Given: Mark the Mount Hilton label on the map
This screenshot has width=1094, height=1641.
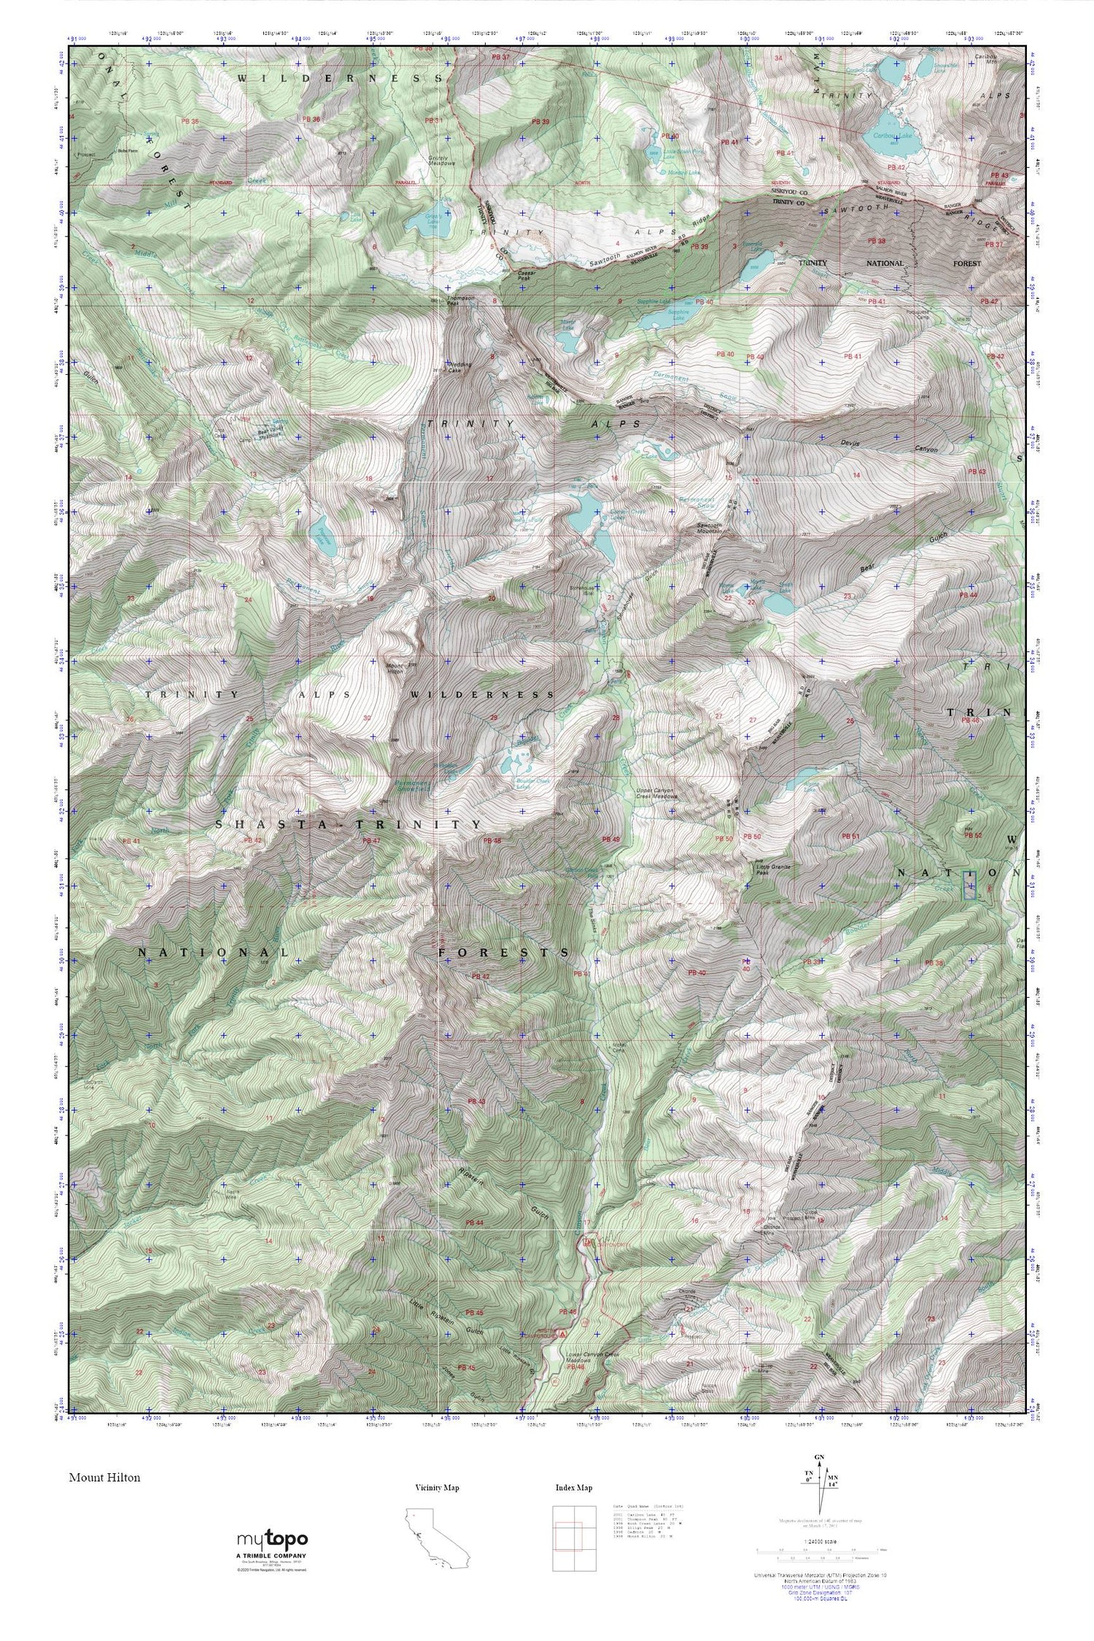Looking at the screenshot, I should click(394, 667).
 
